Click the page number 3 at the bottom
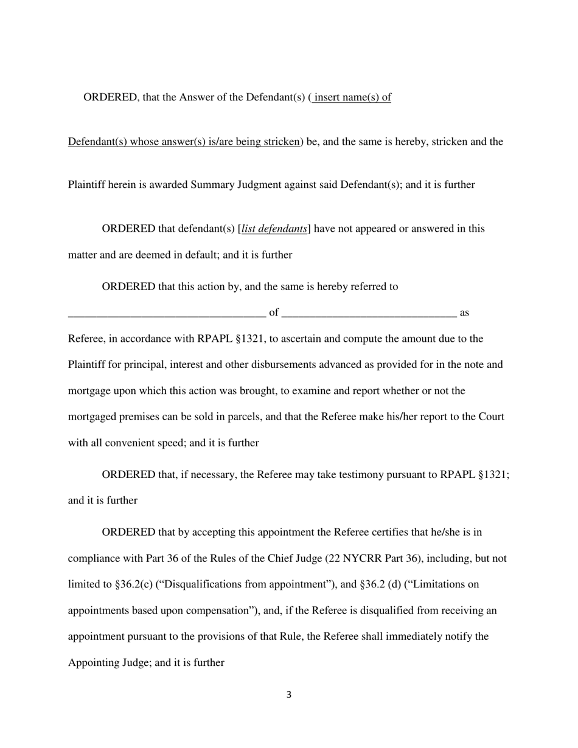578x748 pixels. (288, 695)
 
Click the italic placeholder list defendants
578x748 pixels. (274, 229)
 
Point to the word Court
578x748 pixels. (487, 417)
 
